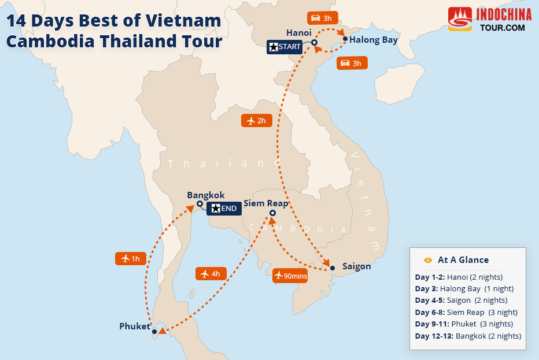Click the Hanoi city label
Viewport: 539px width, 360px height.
pos(299,33)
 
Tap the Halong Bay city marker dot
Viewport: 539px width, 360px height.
pos(345,39)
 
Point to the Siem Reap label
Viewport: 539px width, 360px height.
pos(265,203)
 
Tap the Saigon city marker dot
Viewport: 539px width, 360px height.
pos(333,268)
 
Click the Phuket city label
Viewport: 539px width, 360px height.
pos(134,326)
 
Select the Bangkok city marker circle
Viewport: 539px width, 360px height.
pos(199,204)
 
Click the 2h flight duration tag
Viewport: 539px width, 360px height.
pos(256,121)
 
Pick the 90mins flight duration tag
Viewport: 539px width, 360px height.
pos(290,276)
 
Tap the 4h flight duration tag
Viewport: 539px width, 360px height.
pos(210,273)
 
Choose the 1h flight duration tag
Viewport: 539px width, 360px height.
pos(130,258)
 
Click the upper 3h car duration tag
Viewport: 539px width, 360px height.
pos(322,18)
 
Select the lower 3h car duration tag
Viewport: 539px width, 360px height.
pos(351,63)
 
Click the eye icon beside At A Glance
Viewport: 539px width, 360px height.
pos(428,260)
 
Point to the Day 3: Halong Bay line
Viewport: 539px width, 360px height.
pos(464,288)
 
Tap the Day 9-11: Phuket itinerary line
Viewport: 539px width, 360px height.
pos(464,324)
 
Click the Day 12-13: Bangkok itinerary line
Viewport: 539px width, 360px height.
pos(468,336)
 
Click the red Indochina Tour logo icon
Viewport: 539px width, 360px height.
pos(460,19)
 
